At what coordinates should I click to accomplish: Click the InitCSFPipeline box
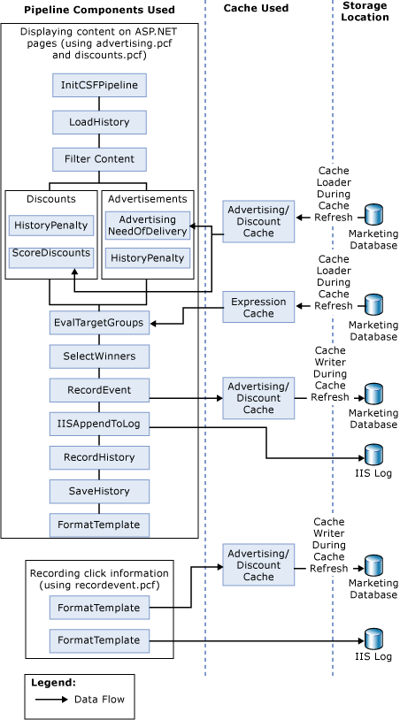coord(99,86)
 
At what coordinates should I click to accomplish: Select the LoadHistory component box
coord(99,122)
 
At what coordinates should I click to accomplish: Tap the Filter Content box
coord(99,159)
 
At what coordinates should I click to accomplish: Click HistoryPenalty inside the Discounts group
coord(51,225)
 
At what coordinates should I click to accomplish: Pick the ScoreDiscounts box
coord(51,254)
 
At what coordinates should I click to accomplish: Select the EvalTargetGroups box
coord(99,323)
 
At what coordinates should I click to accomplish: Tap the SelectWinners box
coord(99,356)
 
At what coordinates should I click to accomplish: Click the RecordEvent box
coord(99,389)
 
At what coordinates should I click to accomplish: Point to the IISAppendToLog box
coord(99,425)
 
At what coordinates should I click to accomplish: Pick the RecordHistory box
coord(99,457)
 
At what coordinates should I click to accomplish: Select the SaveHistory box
coord(99,491)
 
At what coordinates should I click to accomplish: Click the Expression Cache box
coord(258,307)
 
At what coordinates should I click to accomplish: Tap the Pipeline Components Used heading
coord(99,10)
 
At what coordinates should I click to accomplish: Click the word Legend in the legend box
coord(53,683)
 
